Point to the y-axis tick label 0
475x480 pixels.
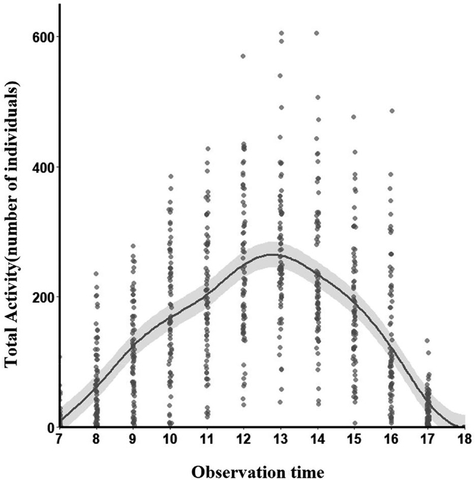[50, 427]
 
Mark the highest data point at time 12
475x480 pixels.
[243, 56]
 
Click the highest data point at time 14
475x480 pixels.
[317, 33]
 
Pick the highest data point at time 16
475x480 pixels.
[391, 111]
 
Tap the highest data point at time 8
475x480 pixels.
[96, 274]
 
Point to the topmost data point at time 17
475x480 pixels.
[427, 341]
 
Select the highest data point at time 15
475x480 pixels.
[354, 117]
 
